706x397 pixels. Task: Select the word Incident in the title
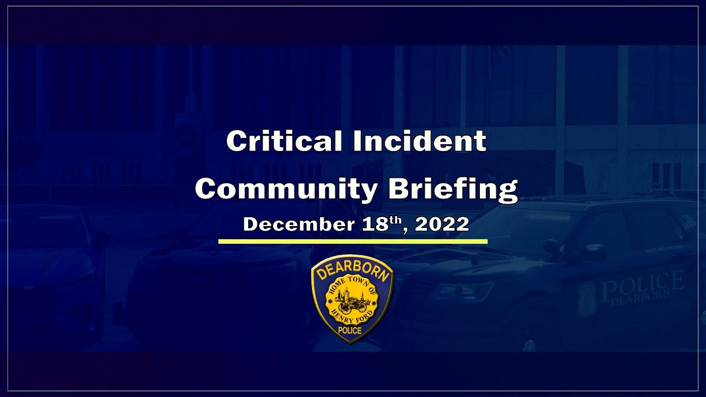coord(420,141)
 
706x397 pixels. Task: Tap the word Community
coord(286,189)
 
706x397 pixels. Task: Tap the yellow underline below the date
coord(353,241)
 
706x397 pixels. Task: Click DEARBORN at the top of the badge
coord(352,270)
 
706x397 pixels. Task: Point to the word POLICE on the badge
coord(351,330)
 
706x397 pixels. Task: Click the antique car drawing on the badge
coord(351,301)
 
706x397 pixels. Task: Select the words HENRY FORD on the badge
coord(352,316)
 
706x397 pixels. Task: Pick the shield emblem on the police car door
coord(586,298)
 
